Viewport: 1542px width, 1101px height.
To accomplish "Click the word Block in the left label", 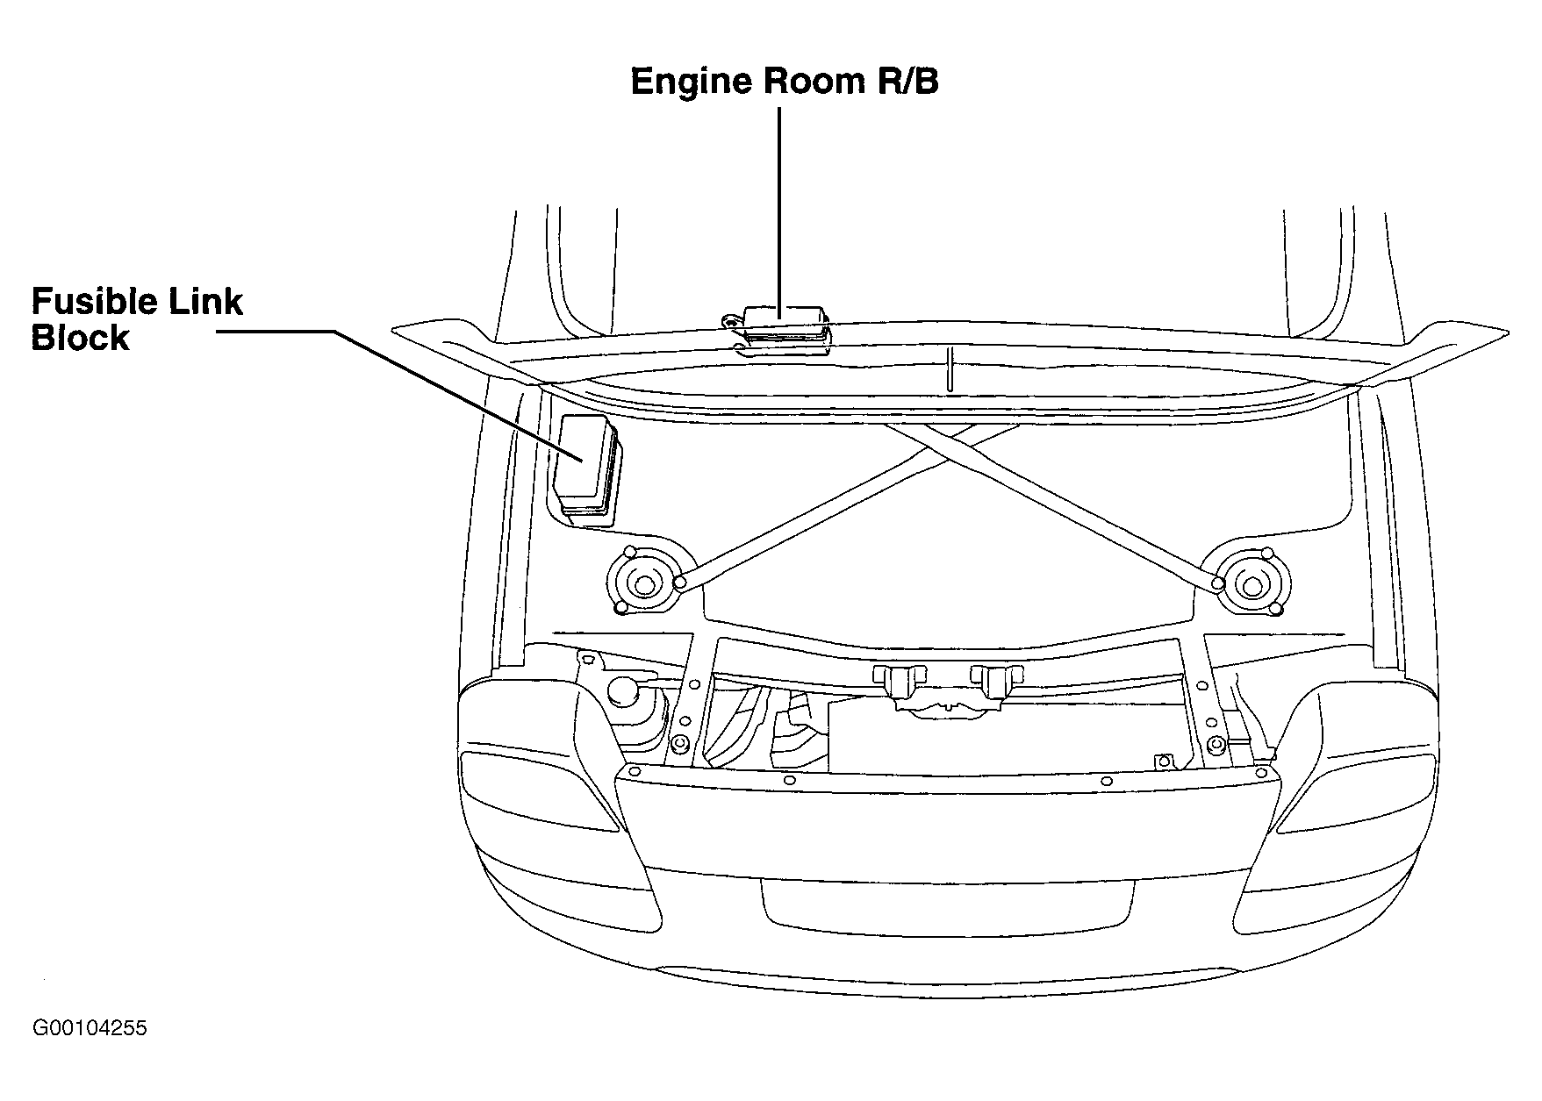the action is point(80,338).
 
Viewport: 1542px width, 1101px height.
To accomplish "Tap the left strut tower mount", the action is point(641,580).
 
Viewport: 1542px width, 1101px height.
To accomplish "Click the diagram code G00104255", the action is point(90,1028).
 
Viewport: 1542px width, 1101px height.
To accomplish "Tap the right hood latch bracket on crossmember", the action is point(998,683).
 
